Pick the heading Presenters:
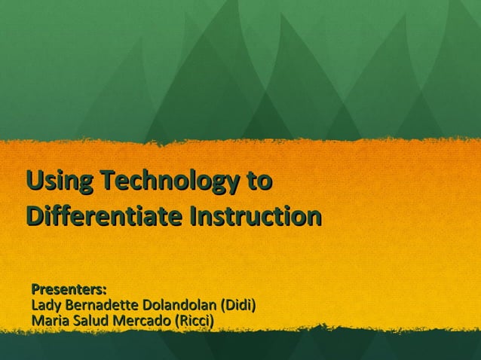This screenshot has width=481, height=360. click(x=69, y=289)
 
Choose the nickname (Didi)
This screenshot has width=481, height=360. click(x=237, y=306)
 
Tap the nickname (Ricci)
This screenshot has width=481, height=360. click(x=194, y=322)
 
